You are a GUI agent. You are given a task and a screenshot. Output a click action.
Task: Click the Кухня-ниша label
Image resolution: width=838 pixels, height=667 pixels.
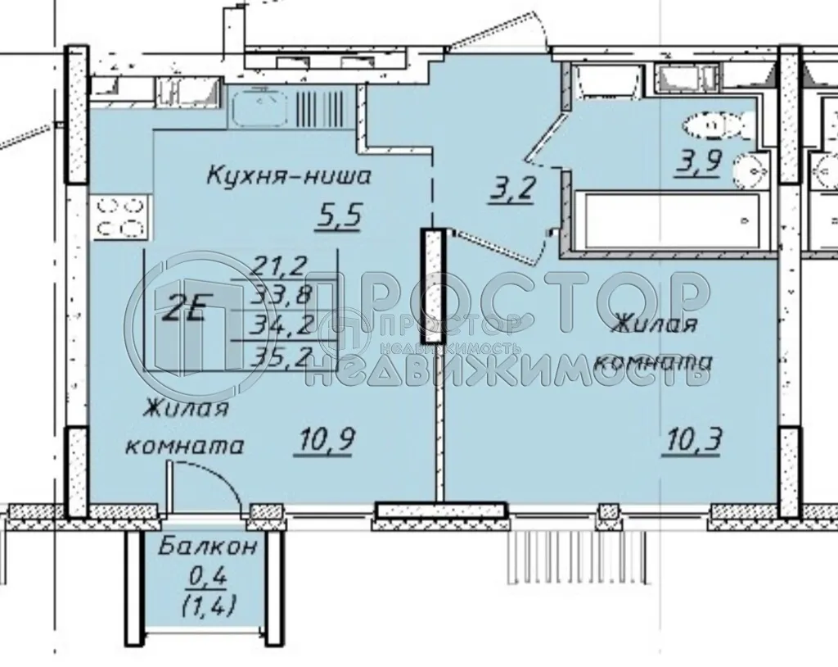(x=289, y=176)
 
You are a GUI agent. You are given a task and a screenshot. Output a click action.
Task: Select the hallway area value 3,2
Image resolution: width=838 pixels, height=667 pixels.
(x=514, y=190)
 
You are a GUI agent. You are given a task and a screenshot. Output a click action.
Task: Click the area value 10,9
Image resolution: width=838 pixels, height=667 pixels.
(x=313, y=442)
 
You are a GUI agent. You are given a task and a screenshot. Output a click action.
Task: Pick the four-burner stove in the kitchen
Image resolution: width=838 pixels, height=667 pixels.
(x=119, y=217)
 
